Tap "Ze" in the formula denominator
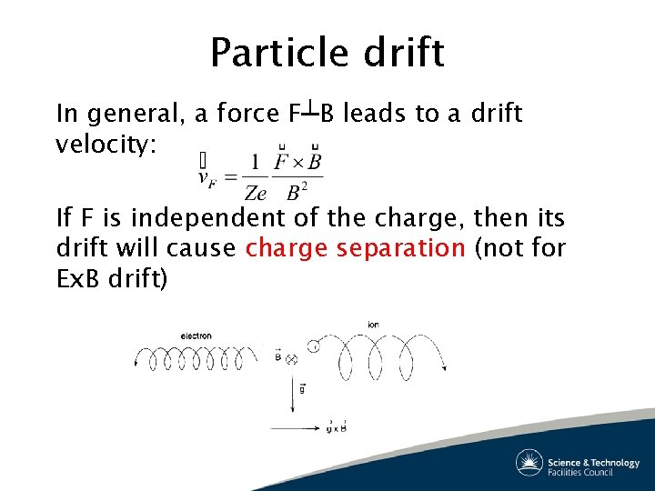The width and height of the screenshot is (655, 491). (256, 193)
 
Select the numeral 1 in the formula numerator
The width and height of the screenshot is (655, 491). (255, 164)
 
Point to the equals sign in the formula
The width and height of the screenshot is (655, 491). (230, 177)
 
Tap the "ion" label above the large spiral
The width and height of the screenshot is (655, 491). (373, 326)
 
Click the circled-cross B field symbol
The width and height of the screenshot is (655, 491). (292, 359)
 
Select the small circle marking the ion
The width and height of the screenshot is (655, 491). (314, 346)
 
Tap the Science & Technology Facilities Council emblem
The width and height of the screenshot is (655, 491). (529, 463)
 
